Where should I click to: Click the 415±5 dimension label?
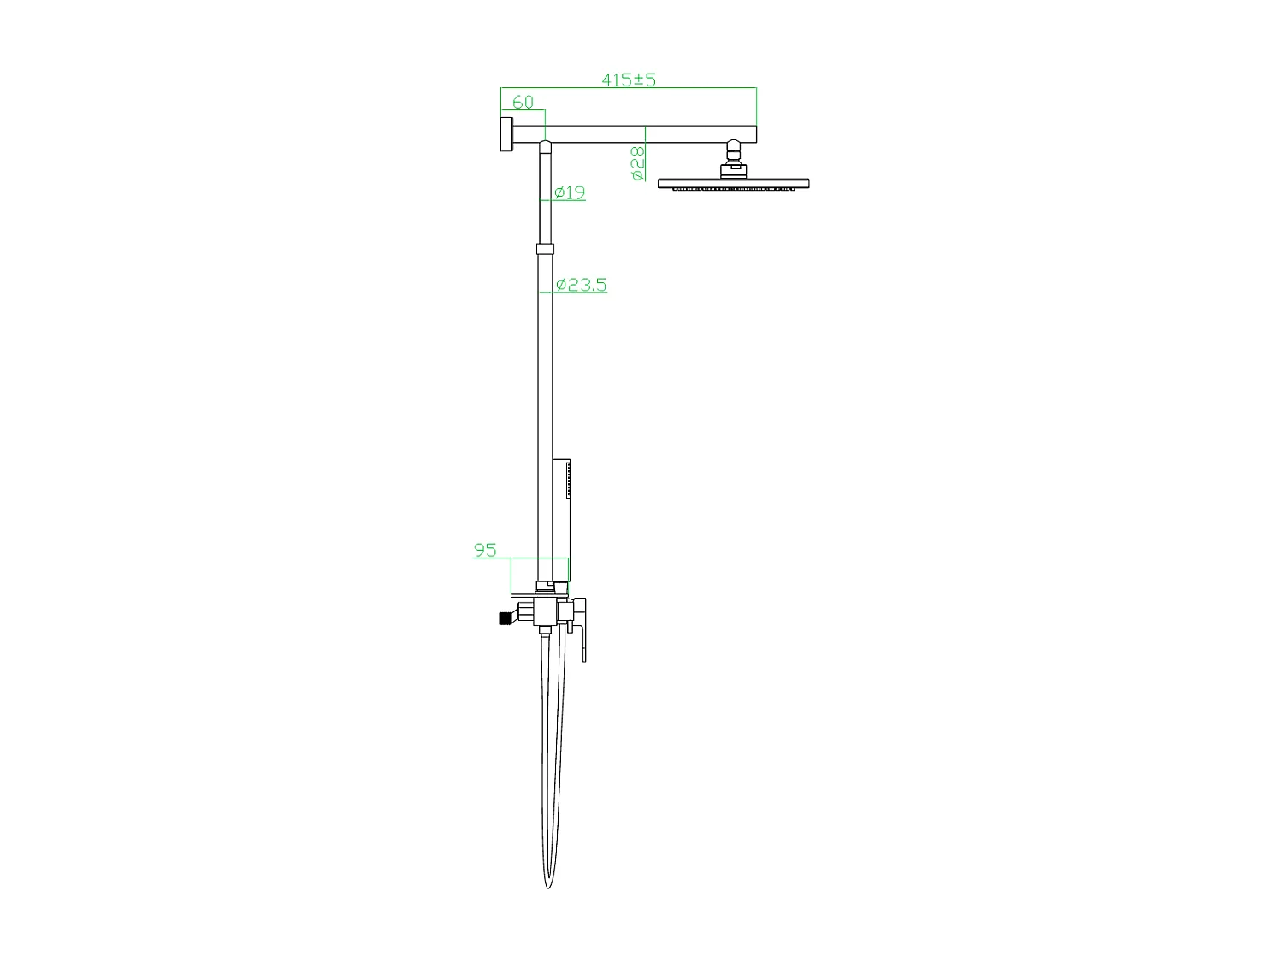pos(628,80)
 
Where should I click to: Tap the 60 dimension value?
pos(523,102)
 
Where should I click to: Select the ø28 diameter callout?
pos(637,163)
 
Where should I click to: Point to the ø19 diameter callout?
pos(569,192)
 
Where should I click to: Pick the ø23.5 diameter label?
pos(581,285)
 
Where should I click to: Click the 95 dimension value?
pos(485,550)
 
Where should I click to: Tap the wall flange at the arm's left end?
pos(505,135)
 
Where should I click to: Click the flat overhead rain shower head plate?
pos(733,183)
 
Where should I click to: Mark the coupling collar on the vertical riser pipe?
pos(545,249)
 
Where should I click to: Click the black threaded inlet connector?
pos(504,617)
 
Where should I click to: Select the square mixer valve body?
pos(545,611)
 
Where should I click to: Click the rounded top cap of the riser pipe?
pos(545,146)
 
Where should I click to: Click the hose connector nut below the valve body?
pos(544,631)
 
